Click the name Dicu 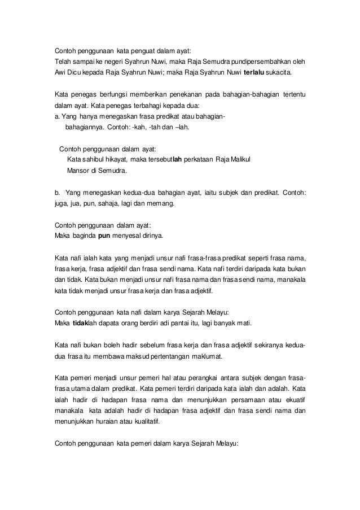click(x=72, y=73)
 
